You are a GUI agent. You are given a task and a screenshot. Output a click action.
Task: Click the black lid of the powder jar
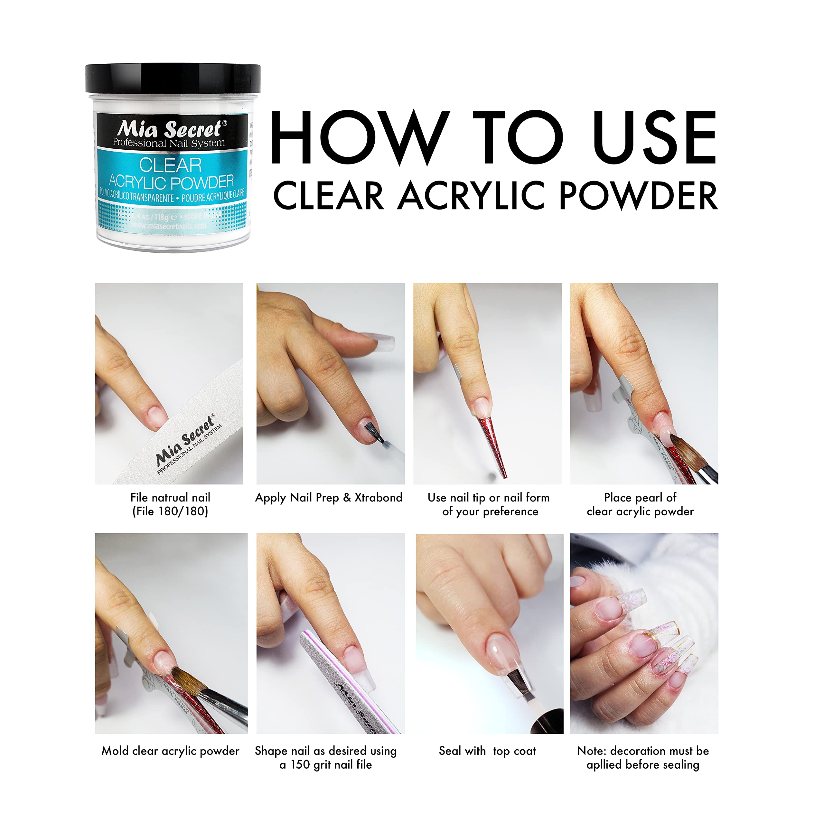(x=173, y=78)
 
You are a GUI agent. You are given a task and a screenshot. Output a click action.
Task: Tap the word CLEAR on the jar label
(x=170, y=165)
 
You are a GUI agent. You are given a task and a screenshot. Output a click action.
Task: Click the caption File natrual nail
(x=170, y=497)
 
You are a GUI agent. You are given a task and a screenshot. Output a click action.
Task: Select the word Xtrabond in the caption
(x=378, y=497)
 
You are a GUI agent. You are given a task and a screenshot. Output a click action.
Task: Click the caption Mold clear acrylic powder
(x=170, y=751)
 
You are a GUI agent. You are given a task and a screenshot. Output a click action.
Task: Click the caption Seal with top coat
(x=487, y=751)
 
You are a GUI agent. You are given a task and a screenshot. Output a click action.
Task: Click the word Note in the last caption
(x=591, y=751)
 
